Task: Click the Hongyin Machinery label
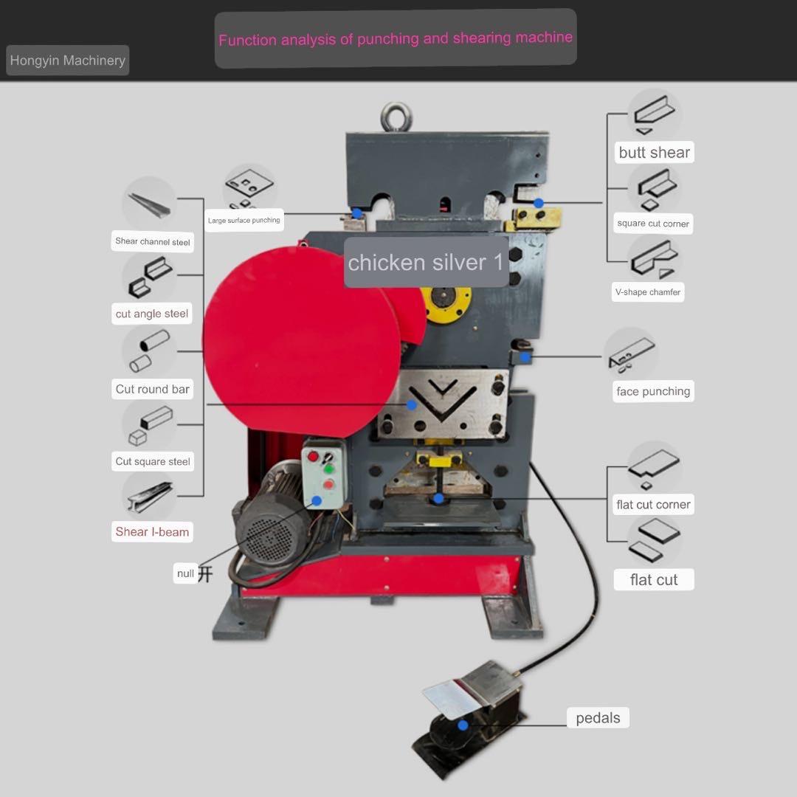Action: [67, 61]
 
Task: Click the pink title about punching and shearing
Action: [396, 38]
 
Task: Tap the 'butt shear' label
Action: [654, 153]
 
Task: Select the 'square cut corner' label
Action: [653, 224]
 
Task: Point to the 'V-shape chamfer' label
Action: [648, 292]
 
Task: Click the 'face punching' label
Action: [653, 392]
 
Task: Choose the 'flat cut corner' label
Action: [653, 505]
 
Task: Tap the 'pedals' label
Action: [598, 718]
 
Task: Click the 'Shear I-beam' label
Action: [152, 532]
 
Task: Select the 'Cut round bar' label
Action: [153, 389]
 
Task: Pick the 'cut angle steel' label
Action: [152, 314]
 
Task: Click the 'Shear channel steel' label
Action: [153, 241]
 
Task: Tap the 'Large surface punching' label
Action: [244, 221]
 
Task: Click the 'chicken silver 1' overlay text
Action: [426, 263]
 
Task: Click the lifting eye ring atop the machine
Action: [396, 117]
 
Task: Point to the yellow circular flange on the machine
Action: [446, 302]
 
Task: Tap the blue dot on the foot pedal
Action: [463, 725]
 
